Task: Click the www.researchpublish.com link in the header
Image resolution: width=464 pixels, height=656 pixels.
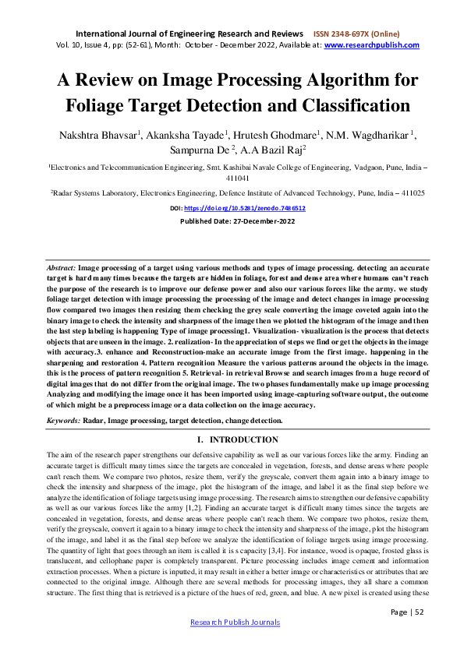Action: pyautogui.click(x=371, y=45)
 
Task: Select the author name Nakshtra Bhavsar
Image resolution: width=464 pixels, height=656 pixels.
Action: pyautogui.click(x=97, y=135)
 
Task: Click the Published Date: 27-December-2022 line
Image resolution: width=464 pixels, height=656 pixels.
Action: pyautogui.click(x=231, y=220)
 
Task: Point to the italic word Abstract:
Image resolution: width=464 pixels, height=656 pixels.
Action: pyautogui.click(x=62, y=267)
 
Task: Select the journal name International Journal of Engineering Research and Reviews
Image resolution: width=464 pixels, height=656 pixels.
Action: pyautogui.click(x=189, y=34)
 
